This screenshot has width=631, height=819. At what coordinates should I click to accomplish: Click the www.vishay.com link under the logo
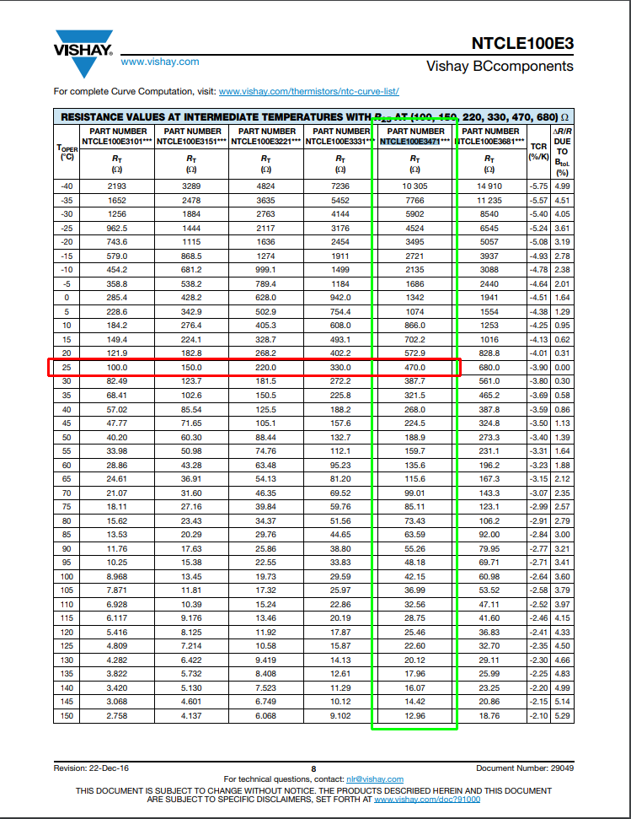[160, 62]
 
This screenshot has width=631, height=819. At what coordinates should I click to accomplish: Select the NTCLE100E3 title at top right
[522, 43]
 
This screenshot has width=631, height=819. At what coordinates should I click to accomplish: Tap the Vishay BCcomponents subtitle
[500, 66]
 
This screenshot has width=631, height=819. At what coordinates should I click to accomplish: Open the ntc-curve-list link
[308, 91]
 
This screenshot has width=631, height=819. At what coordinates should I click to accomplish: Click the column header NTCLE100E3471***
[414, 142]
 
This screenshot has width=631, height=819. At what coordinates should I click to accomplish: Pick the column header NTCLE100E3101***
[117, 142]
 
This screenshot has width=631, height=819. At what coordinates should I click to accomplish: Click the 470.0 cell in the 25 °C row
[414, 368]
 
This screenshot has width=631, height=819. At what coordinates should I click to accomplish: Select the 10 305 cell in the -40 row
[414, 186]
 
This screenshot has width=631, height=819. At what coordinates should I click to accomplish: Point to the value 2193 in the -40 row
[117, 186]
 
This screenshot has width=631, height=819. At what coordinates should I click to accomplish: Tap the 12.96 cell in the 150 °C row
[414, 716]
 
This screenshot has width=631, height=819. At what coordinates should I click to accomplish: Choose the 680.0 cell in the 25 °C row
[489, 368]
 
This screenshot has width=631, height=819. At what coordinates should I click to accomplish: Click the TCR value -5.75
[537, 186]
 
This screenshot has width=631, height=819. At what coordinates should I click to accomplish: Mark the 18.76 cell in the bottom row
[489, 716]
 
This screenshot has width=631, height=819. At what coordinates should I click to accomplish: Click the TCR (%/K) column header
[537, 151]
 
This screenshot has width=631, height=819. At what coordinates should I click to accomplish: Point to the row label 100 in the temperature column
[67, 576]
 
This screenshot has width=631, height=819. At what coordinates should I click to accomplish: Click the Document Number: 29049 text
[525, 768]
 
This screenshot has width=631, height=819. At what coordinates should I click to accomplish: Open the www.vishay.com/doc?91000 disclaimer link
[427, 799]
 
